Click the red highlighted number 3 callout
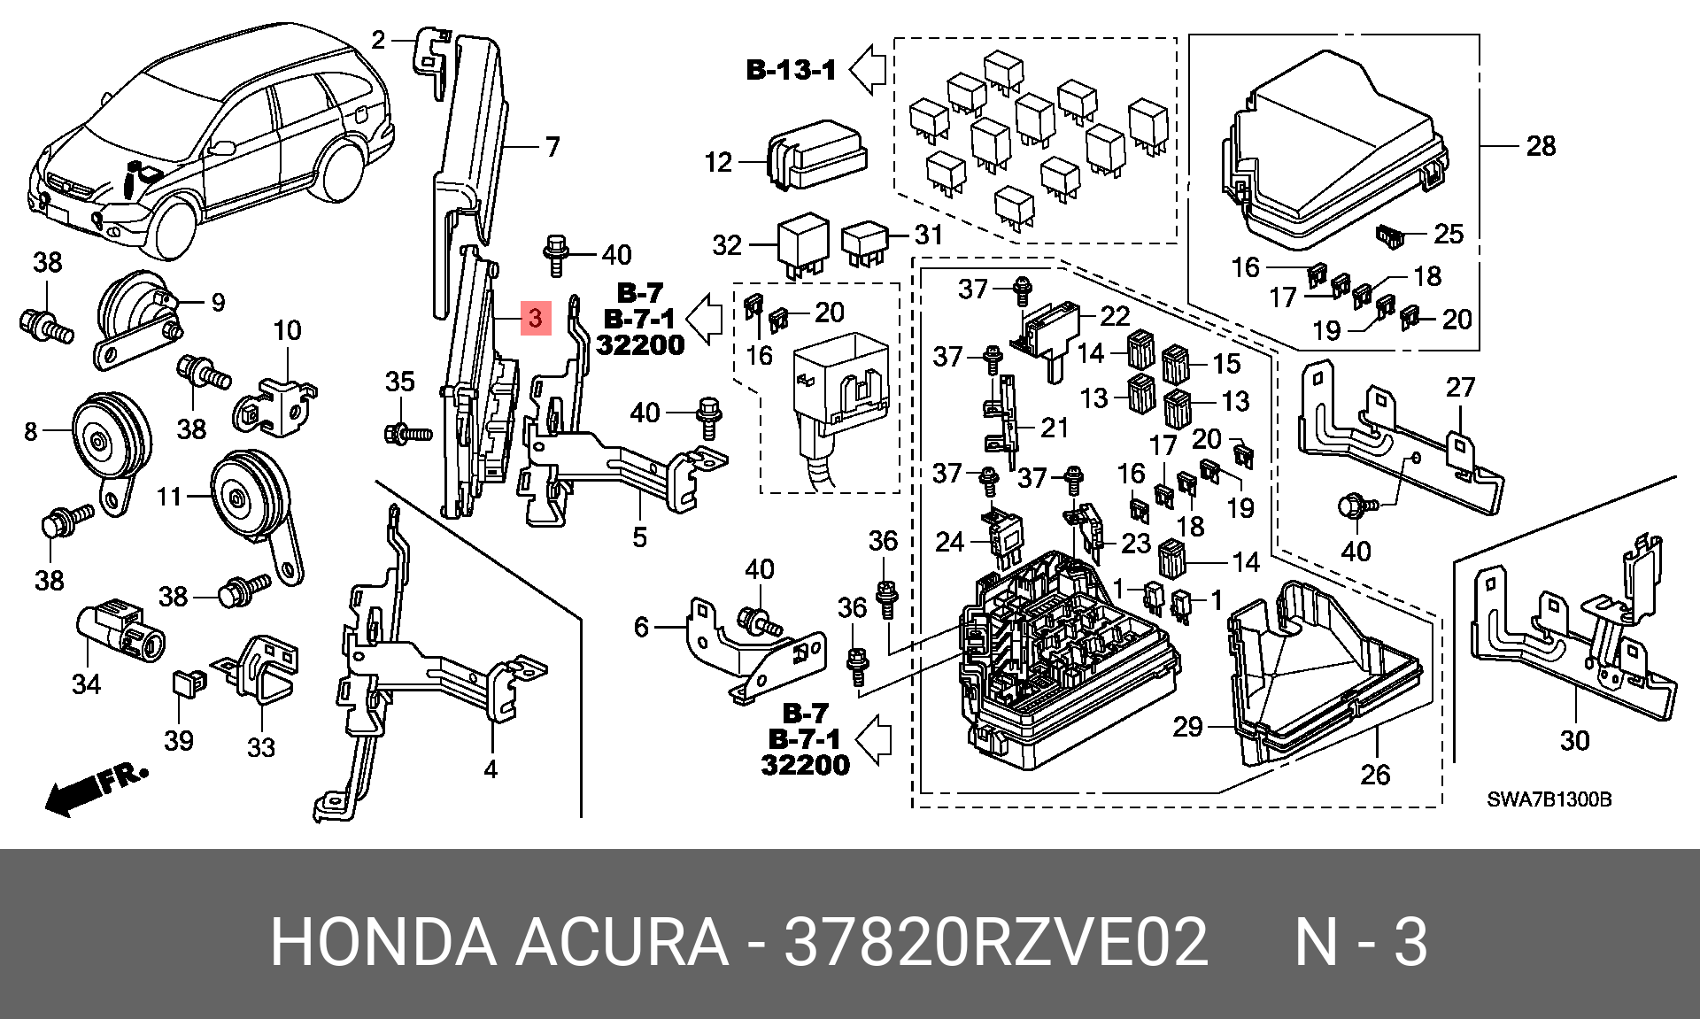pyautogui.click(x=536, y=318)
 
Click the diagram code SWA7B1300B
pyautogui.click(x=1549, y=799)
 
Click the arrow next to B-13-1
pyautogui.click(x=869, y=69)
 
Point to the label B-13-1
pyautogui.click(x=792, y=70)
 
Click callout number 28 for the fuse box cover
pyautogui.click(x=1541, y=146)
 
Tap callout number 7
pyautogui.click(x=552, y=146)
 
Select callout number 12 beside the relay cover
pyautogui.click(x=718, y=162)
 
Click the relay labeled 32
pyautogui.click(x=802, y=246)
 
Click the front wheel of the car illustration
pyautogui.click(x=171, y=227)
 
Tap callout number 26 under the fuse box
pyautogui.click(x=1375, y=775)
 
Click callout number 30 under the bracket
pyautogui.click(x=1574, y=740)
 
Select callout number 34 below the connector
pyautogui.click(x=86, y=683)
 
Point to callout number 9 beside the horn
pyautogui.click(x=218, y=303)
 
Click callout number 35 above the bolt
pyautogui.click(x=400, y=382)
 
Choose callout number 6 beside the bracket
pyautogui.click(x=642, y=627)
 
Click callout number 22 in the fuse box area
pyautogui.click(x=1115, y=316)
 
